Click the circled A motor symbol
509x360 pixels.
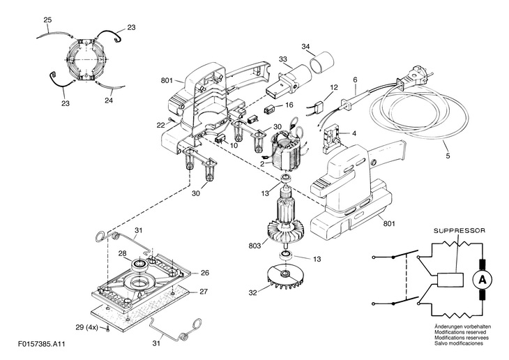point(483,280)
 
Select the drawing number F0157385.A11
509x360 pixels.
point(42,344)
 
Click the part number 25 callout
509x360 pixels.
point(47,20)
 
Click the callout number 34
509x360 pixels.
point(305,46)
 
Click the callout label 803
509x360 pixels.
point(254,246)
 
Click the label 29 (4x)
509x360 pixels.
point(86,327)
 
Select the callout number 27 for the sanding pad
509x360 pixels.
point(203,292)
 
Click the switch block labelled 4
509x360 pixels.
point(331,140)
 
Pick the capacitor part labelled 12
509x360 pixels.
point(319,107)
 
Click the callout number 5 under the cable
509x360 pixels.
point(448,156)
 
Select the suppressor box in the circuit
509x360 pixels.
point(450,280)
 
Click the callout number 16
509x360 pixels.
point(289,105)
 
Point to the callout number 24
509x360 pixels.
point(109,100)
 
